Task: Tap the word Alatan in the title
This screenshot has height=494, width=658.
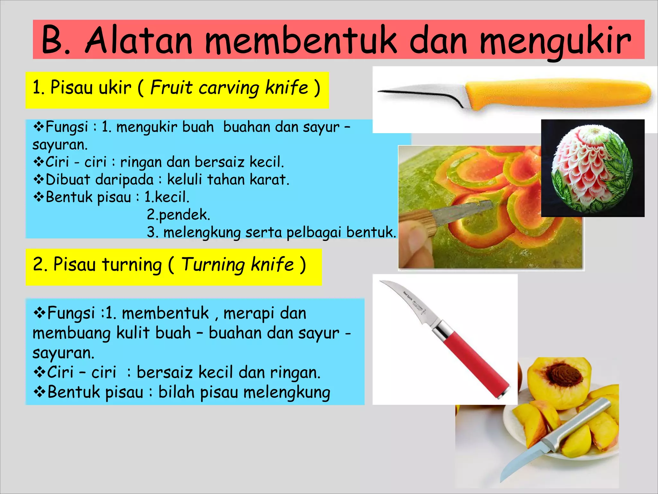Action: [x=139, y=41]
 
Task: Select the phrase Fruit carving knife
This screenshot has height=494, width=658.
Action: [x=229, y=88]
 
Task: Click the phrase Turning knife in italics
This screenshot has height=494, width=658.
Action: [x=237, y=265]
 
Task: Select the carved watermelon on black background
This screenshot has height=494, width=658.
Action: [x=592, y=168]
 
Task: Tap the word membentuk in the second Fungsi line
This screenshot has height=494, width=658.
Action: [x=165, y=313]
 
